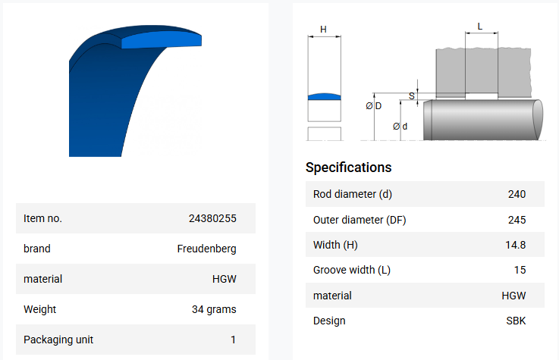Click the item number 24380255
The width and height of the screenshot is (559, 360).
click(x=212, y=218)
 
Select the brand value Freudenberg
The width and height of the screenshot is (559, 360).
click(x=206, y=249)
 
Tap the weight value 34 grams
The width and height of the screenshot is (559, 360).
click(x=214, y=309)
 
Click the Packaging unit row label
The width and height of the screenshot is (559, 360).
click(x=58, y=340)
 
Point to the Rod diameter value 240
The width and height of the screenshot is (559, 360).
click(x=517, y=194)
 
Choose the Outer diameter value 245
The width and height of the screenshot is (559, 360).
click(x=517, y=220)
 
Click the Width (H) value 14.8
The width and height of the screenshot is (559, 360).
click(x=516, y=245)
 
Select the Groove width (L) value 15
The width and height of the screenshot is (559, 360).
click(x=520, y=270)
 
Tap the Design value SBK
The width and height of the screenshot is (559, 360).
click(x=516, y=321)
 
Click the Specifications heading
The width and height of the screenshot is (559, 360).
click(x=348, y=167)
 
